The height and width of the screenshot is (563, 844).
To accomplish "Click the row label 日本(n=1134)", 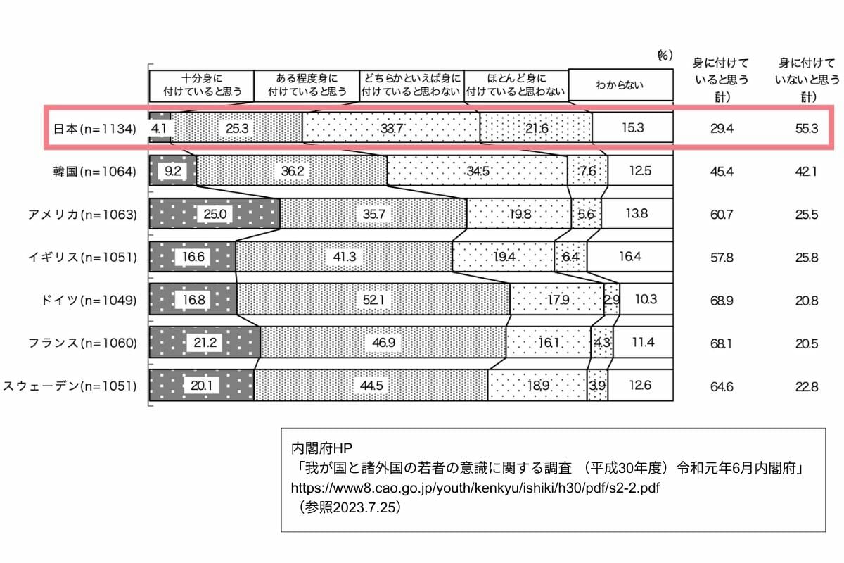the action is point(94,129).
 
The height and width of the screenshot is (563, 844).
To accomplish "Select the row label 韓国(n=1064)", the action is point(94,172).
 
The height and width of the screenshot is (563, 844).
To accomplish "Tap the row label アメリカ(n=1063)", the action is point(82,215).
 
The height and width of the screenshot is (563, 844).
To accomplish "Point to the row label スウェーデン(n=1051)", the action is point(70,386).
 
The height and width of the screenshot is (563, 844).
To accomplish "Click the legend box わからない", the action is point(620,85).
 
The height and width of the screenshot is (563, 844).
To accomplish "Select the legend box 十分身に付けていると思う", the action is point(202,86).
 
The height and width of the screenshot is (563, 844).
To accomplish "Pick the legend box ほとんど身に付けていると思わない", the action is point(516,86).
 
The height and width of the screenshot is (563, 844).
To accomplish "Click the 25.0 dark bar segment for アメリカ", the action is point(215,214).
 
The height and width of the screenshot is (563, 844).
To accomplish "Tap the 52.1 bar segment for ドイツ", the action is point(373,299).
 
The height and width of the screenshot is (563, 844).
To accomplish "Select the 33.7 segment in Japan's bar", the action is point(391,128).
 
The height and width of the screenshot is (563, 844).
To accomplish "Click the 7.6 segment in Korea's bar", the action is point(587,171).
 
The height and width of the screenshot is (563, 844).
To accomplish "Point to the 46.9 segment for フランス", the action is point(383,343).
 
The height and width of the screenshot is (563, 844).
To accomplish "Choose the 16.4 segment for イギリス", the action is point(629,257).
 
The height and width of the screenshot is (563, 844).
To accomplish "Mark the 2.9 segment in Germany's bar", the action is point(612,299).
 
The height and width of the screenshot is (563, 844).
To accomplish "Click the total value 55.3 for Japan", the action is point(807,129).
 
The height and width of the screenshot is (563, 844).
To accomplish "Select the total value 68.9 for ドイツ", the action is point(722,301).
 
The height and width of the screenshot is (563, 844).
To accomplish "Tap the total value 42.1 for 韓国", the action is point(806,172).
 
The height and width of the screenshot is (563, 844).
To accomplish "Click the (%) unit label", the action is point(665,56).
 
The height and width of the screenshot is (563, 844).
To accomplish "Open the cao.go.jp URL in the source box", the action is point(475,488).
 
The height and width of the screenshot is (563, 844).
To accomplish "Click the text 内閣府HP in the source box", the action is point(321,448).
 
